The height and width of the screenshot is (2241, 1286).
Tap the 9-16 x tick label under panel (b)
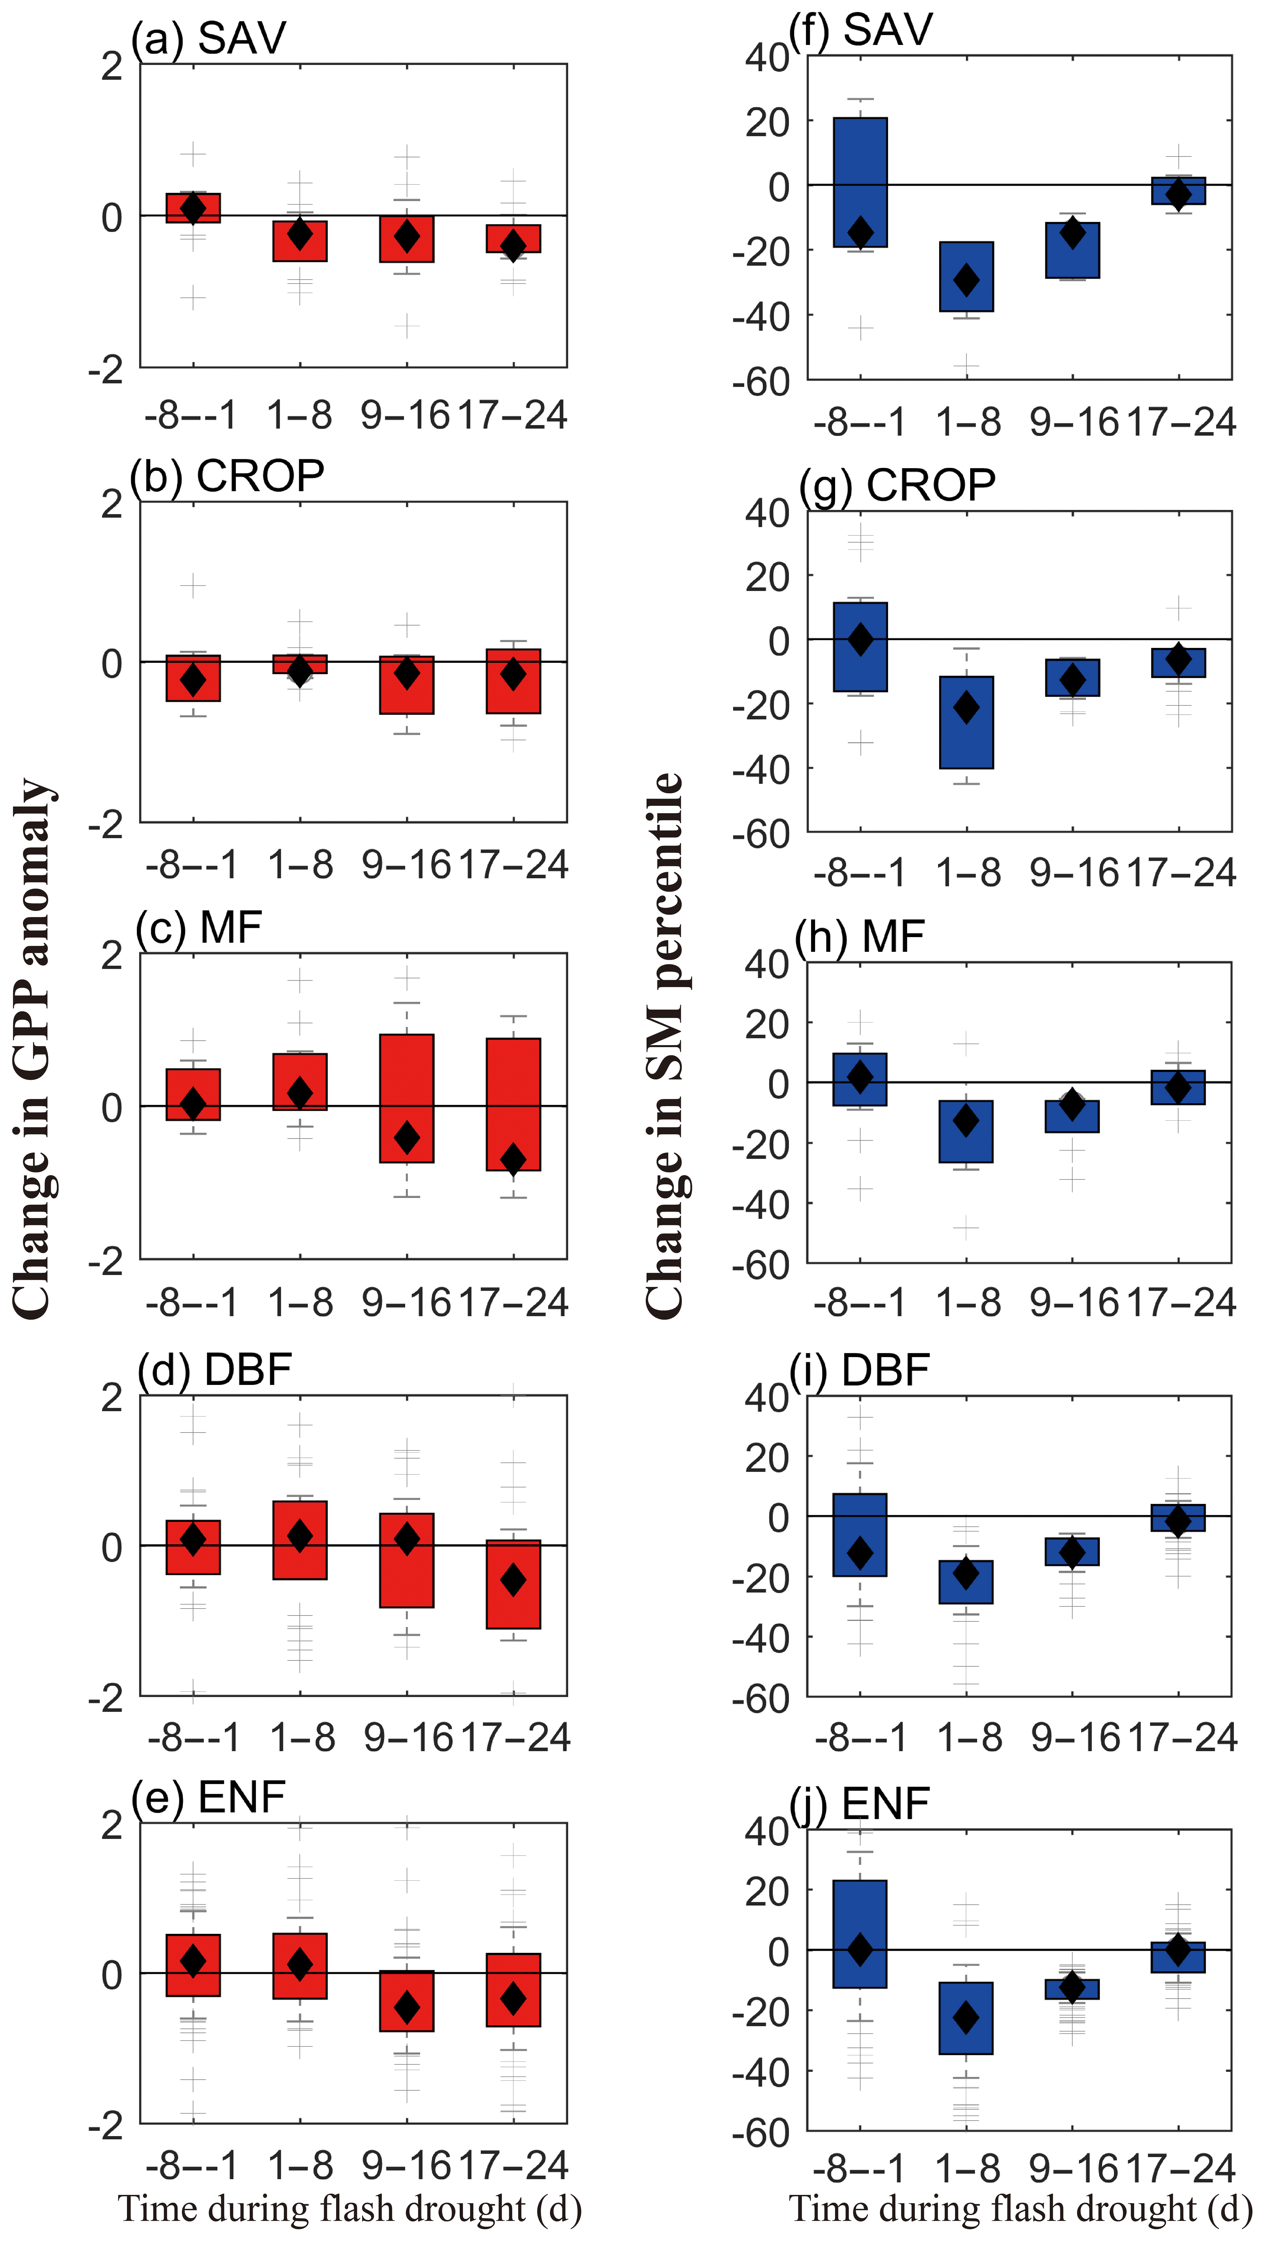coord(406,865)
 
